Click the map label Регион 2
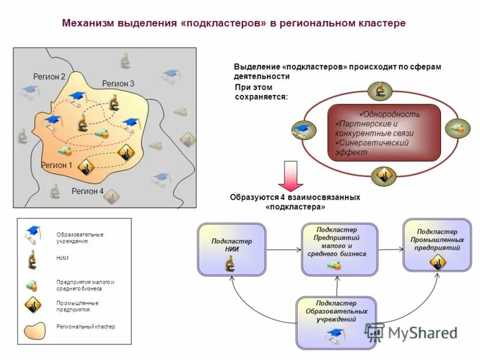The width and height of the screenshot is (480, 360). coord(49,76)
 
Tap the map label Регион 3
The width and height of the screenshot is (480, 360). coord(118,83)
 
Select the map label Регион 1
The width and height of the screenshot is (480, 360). coord(56,164)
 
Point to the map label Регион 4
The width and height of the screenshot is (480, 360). coord(88,191)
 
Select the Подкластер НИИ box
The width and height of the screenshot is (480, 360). coord(232,249)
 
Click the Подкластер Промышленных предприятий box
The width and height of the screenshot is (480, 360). coord(437,244)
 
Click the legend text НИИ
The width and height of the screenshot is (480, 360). coord(62,258)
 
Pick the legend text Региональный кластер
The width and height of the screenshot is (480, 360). coord(85,326)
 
